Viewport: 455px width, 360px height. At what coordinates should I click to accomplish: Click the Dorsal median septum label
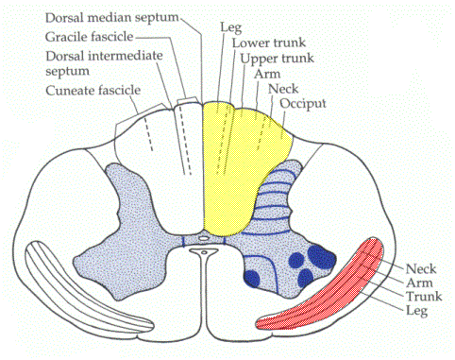[x=112, y=18]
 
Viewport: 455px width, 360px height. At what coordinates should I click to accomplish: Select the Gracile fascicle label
[x=90, y=37]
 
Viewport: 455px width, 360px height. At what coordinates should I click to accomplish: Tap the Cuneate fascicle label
[x=93, y=91]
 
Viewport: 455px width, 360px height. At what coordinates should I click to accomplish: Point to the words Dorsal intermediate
[x=104, y=56]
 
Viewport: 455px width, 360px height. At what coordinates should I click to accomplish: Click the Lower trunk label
[x=269, y=43]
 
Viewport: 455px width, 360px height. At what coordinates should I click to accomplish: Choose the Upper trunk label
[x=278, y=59]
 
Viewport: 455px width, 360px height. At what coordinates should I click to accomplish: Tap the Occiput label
[x=303, y=104]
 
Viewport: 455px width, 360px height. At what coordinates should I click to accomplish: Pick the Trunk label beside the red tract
[x=424, y=297]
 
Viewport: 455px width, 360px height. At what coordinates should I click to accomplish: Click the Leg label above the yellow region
[x=230, y=27]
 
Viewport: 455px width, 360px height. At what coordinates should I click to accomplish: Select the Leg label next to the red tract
[x=416, y=311]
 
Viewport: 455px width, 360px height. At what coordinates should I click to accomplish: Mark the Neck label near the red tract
[x=421, y=269]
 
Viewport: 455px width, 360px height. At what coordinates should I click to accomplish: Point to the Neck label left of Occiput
[x=283, y=89]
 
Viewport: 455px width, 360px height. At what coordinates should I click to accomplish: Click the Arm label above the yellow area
[x=267, y=74]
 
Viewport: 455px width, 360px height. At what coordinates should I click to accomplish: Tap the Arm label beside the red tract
[x=419, y=283]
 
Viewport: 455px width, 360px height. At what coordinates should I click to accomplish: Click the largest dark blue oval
[x=322, y=256]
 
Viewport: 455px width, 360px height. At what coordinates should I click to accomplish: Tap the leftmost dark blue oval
[x=252, y=279]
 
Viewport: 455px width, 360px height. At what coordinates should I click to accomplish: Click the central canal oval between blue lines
[x=204, y=238]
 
